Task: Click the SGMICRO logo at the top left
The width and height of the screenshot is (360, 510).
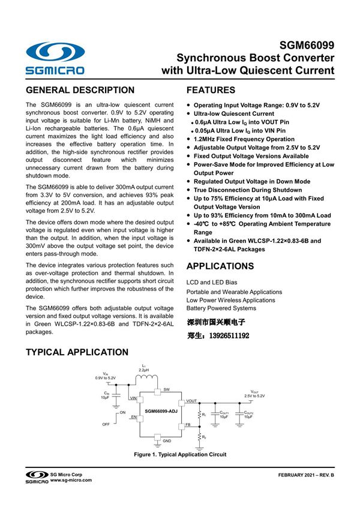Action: (55, 58)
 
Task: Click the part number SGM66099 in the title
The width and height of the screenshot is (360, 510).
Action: (307, 46)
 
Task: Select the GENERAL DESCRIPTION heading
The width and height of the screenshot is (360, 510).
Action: (80, 91)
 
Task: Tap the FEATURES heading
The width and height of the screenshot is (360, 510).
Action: (211, 91)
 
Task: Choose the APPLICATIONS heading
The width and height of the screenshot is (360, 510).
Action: (220, 266)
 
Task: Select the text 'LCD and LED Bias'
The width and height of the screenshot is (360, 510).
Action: (211, 281)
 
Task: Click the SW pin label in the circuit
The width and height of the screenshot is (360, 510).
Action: (166, 389)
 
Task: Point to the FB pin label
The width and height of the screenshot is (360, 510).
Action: (188, 424)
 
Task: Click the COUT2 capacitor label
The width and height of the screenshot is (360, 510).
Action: (248, 413)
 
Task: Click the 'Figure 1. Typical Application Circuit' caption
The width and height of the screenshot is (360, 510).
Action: (180, 455)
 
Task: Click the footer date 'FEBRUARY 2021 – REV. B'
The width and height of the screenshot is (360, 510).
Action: (305, 475)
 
